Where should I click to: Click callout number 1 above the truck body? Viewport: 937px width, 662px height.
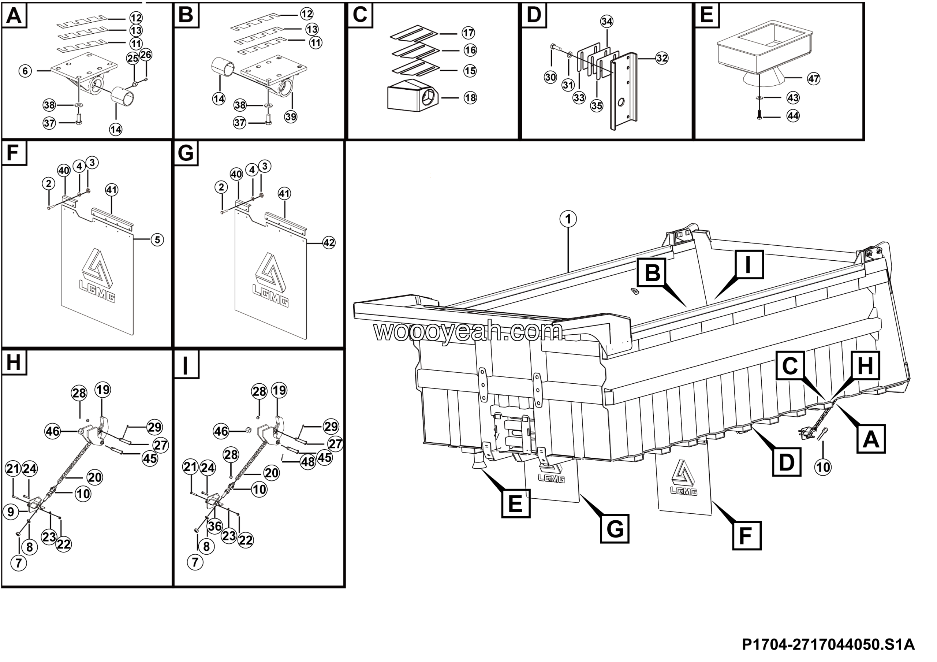(x=568, y=219)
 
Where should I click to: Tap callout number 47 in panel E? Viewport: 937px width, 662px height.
(x=813, y=79)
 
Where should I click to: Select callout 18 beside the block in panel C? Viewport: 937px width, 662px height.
(x=470, y=97)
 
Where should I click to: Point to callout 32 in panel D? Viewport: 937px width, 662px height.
(x=661, y=58)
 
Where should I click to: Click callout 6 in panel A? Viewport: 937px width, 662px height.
(x=25, y=71)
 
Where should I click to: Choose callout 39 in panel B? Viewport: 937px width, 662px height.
(x=291, y=117)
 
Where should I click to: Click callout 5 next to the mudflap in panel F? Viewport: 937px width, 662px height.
(x=157, y=239)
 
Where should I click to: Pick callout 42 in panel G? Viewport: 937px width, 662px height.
(x=329, y=243)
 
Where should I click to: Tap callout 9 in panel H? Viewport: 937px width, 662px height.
(x=11, y=512)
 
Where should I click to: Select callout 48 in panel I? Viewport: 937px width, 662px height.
(x=308, y=462)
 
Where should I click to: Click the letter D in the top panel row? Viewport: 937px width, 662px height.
(x=534, y=15)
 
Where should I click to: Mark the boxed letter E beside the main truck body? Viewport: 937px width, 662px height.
(x=515, y=504)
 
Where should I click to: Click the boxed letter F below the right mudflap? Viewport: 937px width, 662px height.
(x=746, y=535)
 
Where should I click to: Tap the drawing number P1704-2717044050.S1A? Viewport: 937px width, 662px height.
(x=828, y=644)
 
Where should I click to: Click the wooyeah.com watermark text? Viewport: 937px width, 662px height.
(x=468, y=331)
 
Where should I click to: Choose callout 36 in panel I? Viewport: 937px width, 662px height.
(x=214, y=526)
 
